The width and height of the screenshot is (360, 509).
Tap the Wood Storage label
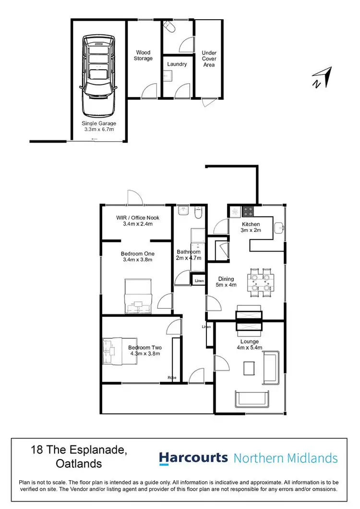click(144, 55)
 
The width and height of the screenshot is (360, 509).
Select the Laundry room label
click(177, 64)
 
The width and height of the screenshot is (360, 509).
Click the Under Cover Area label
click(209, 59)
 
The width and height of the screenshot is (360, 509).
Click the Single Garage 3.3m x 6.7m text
click(98, 126)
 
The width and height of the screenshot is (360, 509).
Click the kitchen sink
click(279, 228)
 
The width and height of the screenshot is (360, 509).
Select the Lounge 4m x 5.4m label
click(250, 345)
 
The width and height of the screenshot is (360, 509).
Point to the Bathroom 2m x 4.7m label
click(188, 254)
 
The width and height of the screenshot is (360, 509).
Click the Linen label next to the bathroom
click(199, 280)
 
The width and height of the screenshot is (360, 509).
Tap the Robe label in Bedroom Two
click(171, 378)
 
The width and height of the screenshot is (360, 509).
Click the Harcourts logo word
click(193, 458)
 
